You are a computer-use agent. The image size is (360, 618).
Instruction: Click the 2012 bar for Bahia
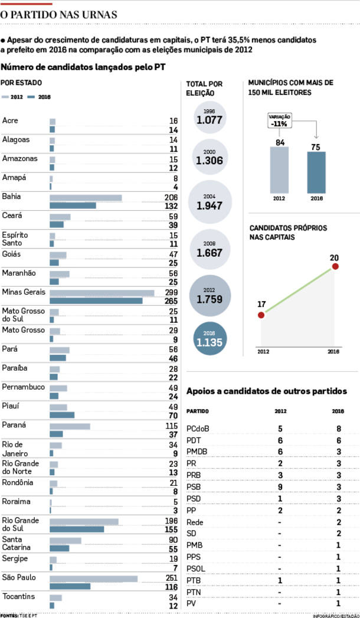86,198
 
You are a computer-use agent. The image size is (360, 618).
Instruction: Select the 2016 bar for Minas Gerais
96,300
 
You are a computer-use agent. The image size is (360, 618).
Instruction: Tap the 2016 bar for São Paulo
70,586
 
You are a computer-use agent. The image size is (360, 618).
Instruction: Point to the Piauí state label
11,406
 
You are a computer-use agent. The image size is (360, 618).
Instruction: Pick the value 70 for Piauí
174,416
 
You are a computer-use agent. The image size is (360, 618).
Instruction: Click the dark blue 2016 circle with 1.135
210,339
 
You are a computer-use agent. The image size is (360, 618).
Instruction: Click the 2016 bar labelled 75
316,172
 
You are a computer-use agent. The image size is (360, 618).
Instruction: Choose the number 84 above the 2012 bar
280,142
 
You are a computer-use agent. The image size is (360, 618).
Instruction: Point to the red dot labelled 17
261,315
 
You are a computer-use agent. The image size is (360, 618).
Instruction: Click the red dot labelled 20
335,266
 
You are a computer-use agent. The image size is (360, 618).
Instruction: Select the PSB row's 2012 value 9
280,488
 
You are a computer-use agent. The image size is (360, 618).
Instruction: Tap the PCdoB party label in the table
197,429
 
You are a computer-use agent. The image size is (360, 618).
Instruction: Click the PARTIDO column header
197,411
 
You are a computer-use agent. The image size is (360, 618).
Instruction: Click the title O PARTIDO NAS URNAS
58,15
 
